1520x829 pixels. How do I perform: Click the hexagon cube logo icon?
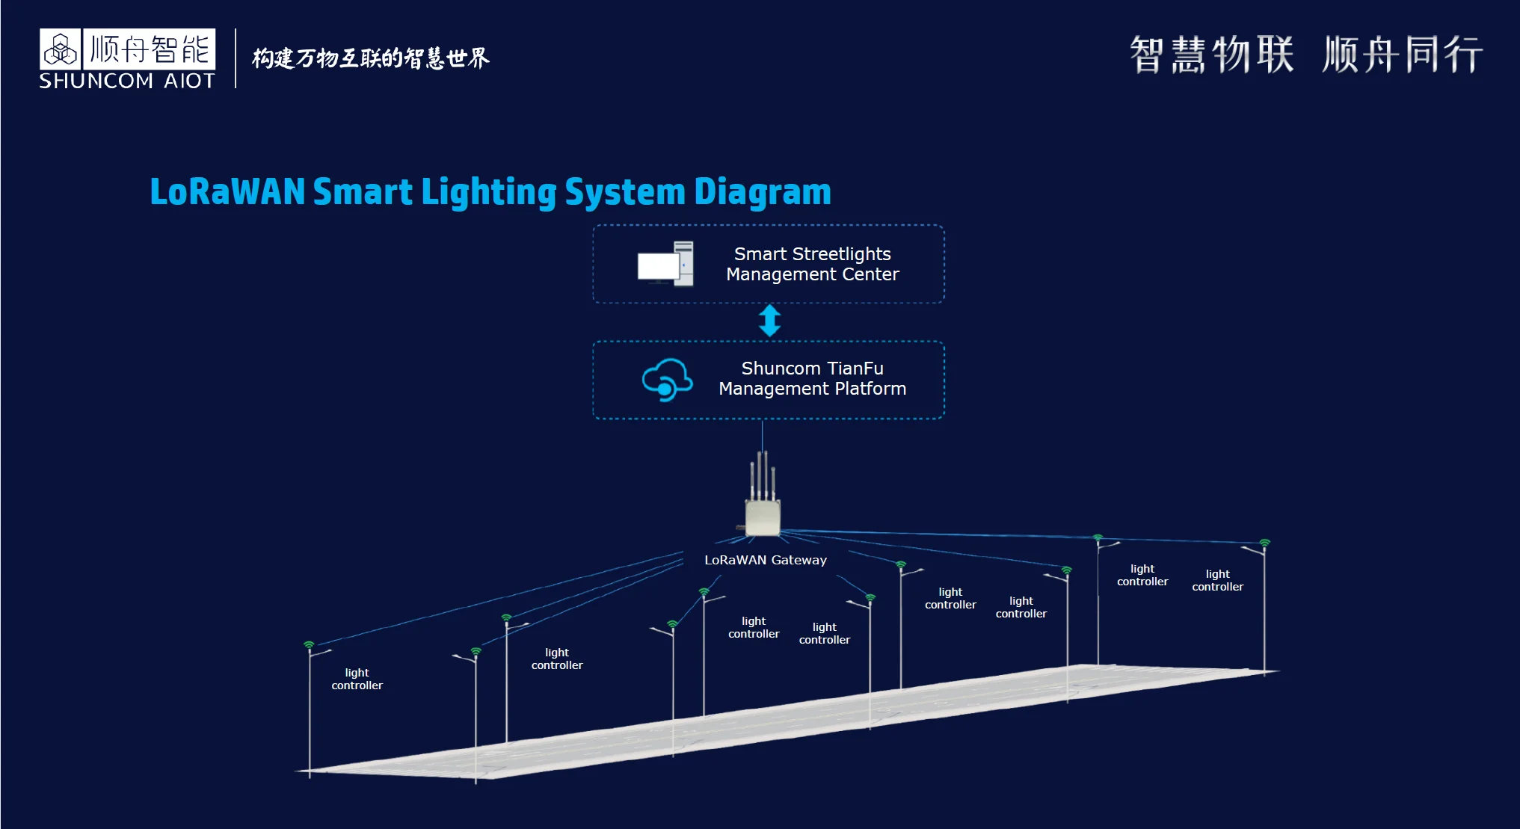click(x=61, y=50)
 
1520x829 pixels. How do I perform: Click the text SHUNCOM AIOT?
click(x=126, y=81)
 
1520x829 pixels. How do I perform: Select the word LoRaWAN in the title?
click(x=227, y=192)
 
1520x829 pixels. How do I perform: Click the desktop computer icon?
click(x=665, y=264)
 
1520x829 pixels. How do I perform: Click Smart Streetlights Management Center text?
click(x=812, y=264)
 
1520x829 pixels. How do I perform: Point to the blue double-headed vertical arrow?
click(x=769, y=321)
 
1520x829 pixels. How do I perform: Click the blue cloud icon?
click(x=666, y=380)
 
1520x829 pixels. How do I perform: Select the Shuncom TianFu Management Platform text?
click(x=812, y=378)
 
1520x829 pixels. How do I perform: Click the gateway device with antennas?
click(x=763, y=516)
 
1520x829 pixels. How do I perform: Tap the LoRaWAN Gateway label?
click(x=765, y=560)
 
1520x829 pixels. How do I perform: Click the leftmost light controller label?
click(x=357, y=679)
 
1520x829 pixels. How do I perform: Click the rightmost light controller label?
click(x=1217, y=580)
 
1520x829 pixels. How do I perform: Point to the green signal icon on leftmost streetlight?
click(x=309, y=644)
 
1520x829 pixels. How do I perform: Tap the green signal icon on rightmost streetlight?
click(x=1264, y=543)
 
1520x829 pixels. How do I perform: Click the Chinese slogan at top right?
click(x=1305, y=55)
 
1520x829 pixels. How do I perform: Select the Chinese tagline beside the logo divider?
click(x=370, y=58)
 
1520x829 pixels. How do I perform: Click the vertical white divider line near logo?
click(x=236, y=58)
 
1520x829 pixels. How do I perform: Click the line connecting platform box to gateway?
click(x=762, y=435)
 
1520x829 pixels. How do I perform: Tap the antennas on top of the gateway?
click(x=763, y=475)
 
